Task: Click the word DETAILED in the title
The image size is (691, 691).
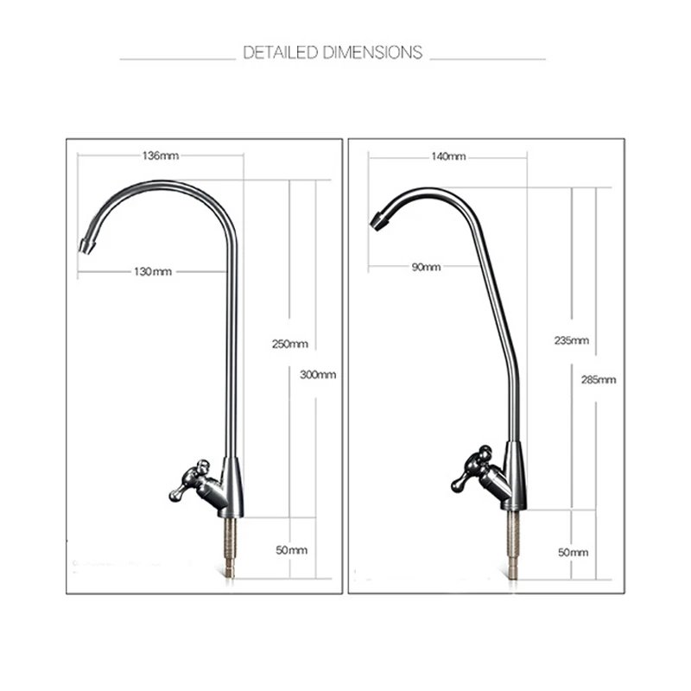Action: pos(280,54)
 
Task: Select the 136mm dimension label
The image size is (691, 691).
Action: pos(160,156)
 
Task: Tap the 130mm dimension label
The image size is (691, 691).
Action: pos(153,272)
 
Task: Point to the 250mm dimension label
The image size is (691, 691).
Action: pos(290,344)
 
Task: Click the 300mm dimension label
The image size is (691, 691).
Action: pos(318,374)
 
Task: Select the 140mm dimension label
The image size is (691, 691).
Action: pos(447,156)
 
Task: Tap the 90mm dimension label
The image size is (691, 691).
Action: pos(426,267)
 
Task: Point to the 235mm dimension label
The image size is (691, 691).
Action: pos(572,340)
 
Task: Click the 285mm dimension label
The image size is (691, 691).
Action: pos(598,378)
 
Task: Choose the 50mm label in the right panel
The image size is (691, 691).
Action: pos(573,551)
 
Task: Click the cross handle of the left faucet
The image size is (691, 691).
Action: pos(189,479)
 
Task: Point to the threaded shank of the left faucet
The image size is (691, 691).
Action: pos(234,544)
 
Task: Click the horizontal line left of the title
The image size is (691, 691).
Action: pos(176,59)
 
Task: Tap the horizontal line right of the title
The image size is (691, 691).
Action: pos(487,59)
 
